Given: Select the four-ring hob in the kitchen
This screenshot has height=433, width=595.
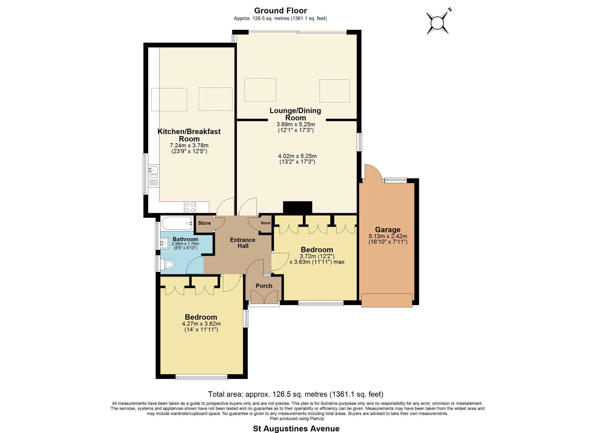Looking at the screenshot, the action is [190, 207].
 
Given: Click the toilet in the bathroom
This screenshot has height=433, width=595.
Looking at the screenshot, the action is [167, 264].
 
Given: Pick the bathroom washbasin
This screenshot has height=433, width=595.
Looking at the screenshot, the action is [165, 243].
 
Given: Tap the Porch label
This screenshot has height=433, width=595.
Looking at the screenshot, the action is [264, 286].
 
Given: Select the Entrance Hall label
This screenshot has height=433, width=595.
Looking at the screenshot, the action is [243, 243].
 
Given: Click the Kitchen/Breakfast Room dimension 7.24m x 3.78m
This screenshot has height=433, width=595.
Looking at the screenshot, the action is [189, 145].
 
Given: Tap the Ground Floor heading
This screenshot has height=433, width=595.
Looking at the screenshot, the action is [281, 10].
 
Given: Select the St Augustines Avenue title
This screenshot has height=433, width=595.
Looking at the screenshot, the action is [296, 429].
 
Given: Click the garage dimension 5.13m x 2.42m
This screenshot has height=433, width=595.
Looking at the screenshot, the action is [388, 236].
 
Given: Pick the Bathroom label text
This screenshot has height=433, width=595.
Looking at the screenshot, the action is [185, 239].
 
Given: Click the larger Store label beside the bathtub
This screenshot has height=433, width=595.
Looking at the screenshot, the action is [204, 223].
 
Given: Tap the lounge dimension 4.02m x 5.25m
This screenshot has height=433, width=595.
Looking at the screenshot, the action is [297, 156].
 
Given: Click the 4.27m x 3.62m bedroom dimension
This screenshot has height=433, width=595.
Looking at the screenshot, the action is [201, 324].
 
